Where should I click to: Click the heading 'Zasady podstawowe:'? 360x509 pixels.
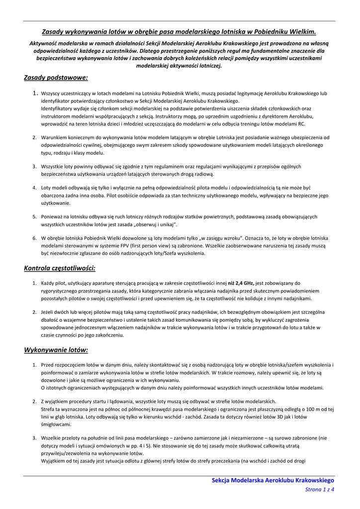[56, 78]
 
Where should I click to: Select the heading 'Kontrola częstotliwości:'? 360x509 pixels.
[60, 268]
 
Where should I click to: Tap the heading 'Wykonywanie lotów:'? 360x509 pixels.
[56, 350]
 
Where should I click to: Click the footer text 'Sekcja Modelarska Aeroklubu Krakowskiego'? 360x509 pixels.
[273, 480]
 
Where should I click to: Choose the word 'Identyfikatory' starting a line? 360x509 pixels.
[58, 108]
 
